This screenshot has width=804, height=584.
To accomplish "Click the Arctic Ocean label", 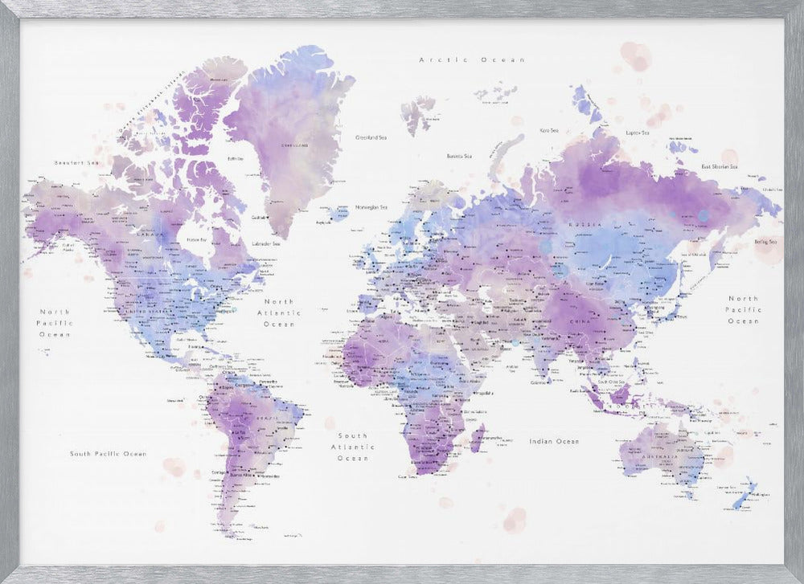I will tap(472, 59).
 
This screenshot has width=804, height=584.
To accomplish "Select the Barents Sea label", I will tap(459, 156).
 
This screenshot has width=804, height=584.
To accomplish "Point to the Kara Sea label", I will tap(549, 129).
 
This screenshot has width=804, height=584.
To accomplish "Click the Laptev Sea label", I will tap(638, 133).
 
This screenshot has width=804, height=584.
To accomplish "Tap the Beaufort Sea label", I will tap(76, 163).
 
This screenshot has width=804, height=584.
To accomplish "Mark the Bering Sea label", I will tap(765, 241).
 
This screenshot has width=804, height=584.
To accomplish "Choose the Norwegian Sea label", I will tap(372, 206).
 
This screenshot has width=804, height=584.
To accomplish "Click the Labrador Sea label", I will tap(266, 243).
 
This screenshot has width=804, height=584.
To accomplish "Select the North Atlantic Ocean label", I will tap(280, 312).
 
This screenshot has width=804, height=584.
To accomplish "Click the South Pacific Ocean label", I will tap(108, 454).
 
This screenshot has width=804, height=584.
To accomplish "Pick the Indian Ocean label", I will tap(554, 441).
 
